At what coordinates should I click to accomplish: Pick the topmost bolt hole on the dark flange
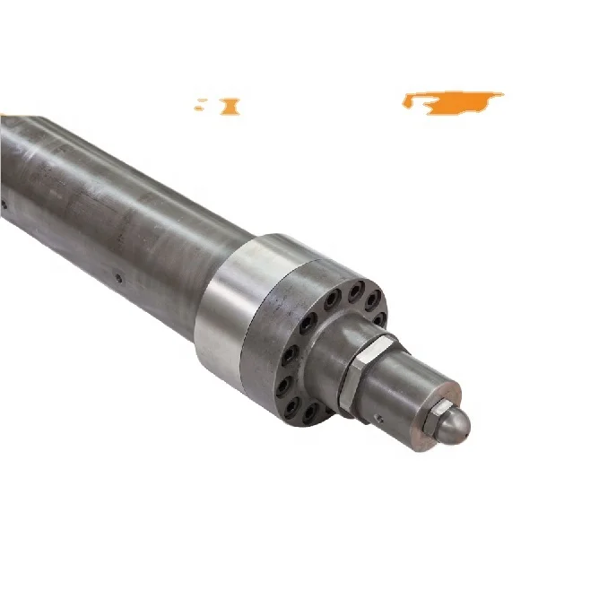click(356, 289)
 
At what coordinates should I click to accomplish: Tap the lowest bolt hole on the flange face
click(309, 412)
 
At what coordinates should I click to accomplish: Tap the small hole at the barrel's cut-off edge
click(4, 204)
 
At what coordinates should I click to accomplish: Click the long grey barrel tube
click(117, 215)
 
